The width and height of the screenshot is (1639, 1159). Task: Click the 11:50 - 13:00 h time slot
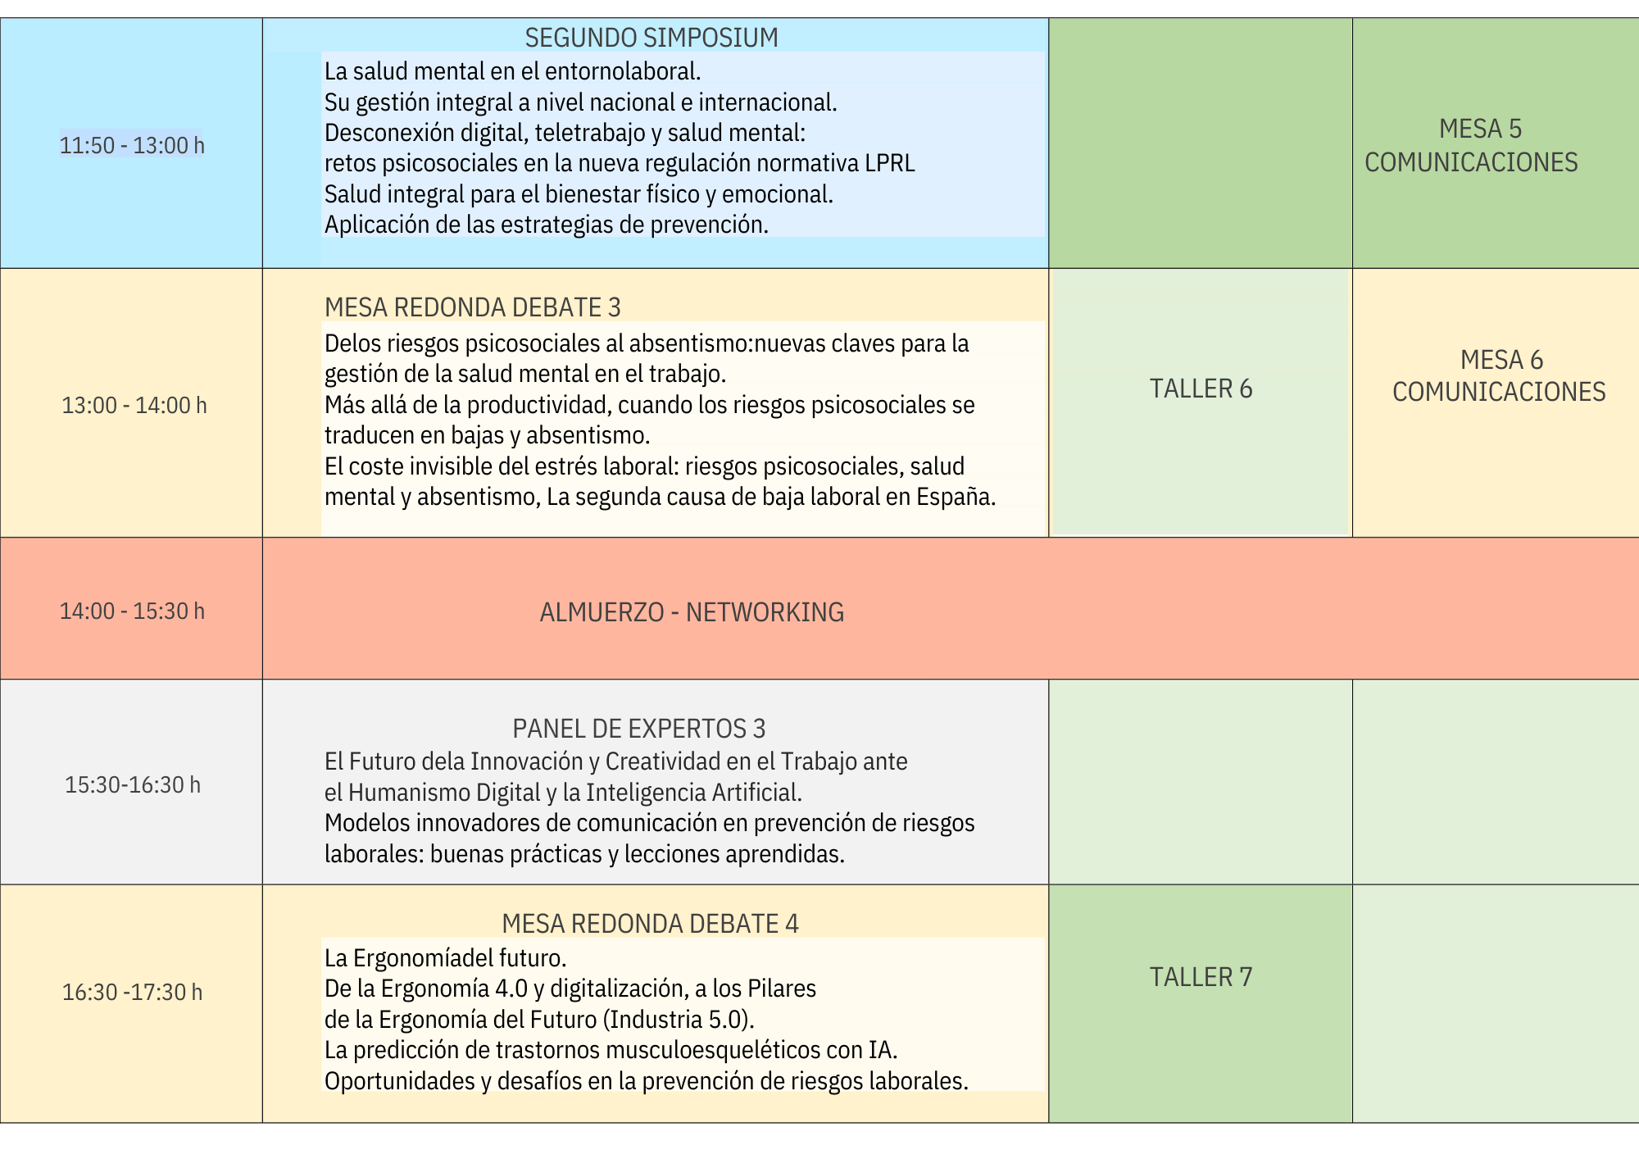(x=132, y=145)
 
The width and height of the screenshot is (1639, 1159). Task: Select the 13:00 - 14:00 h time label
(x=134, y=405)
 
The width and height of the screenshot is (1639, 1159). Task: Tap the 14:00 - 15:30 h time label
(x=132, y=611)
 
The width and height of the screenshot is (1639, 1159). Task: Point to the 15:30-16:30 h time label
(x=133, y=784)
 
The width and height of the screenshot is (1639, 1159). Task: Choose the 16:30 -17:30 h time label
(x=133, y=992)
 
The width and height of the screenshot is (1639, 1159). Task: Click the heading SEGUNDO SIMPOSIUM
(x=652, y=38)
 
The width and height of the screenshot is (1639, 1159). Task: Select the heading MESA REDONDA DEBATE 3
(x=473, y=307)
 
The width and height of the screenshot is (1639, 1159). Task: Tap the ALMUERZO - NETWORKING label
(x=692, y=612)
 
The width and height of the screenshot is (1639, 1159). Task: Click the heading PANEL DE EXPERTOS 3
(x=639, y=728)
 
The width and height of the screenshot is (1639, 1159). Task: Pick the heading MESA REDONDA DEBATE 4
(x=650, y=924)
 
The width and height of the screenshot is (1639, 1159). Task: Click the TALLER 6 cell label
(x=1201, y=389)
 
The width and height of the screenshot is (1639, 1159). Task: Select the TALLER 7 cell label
(x=1201, y=977)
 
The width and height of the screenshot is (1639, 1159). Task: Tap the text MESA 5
(x=1480, y=129)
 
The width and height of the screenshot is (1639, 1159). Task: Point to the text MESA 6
(x=1501, y=360)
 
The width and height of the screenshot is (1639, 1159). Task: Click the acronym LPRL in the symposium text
(x=890, y=163)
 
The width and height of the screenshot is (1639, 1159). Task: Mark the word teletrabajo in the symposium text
(x=590, y=133)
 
